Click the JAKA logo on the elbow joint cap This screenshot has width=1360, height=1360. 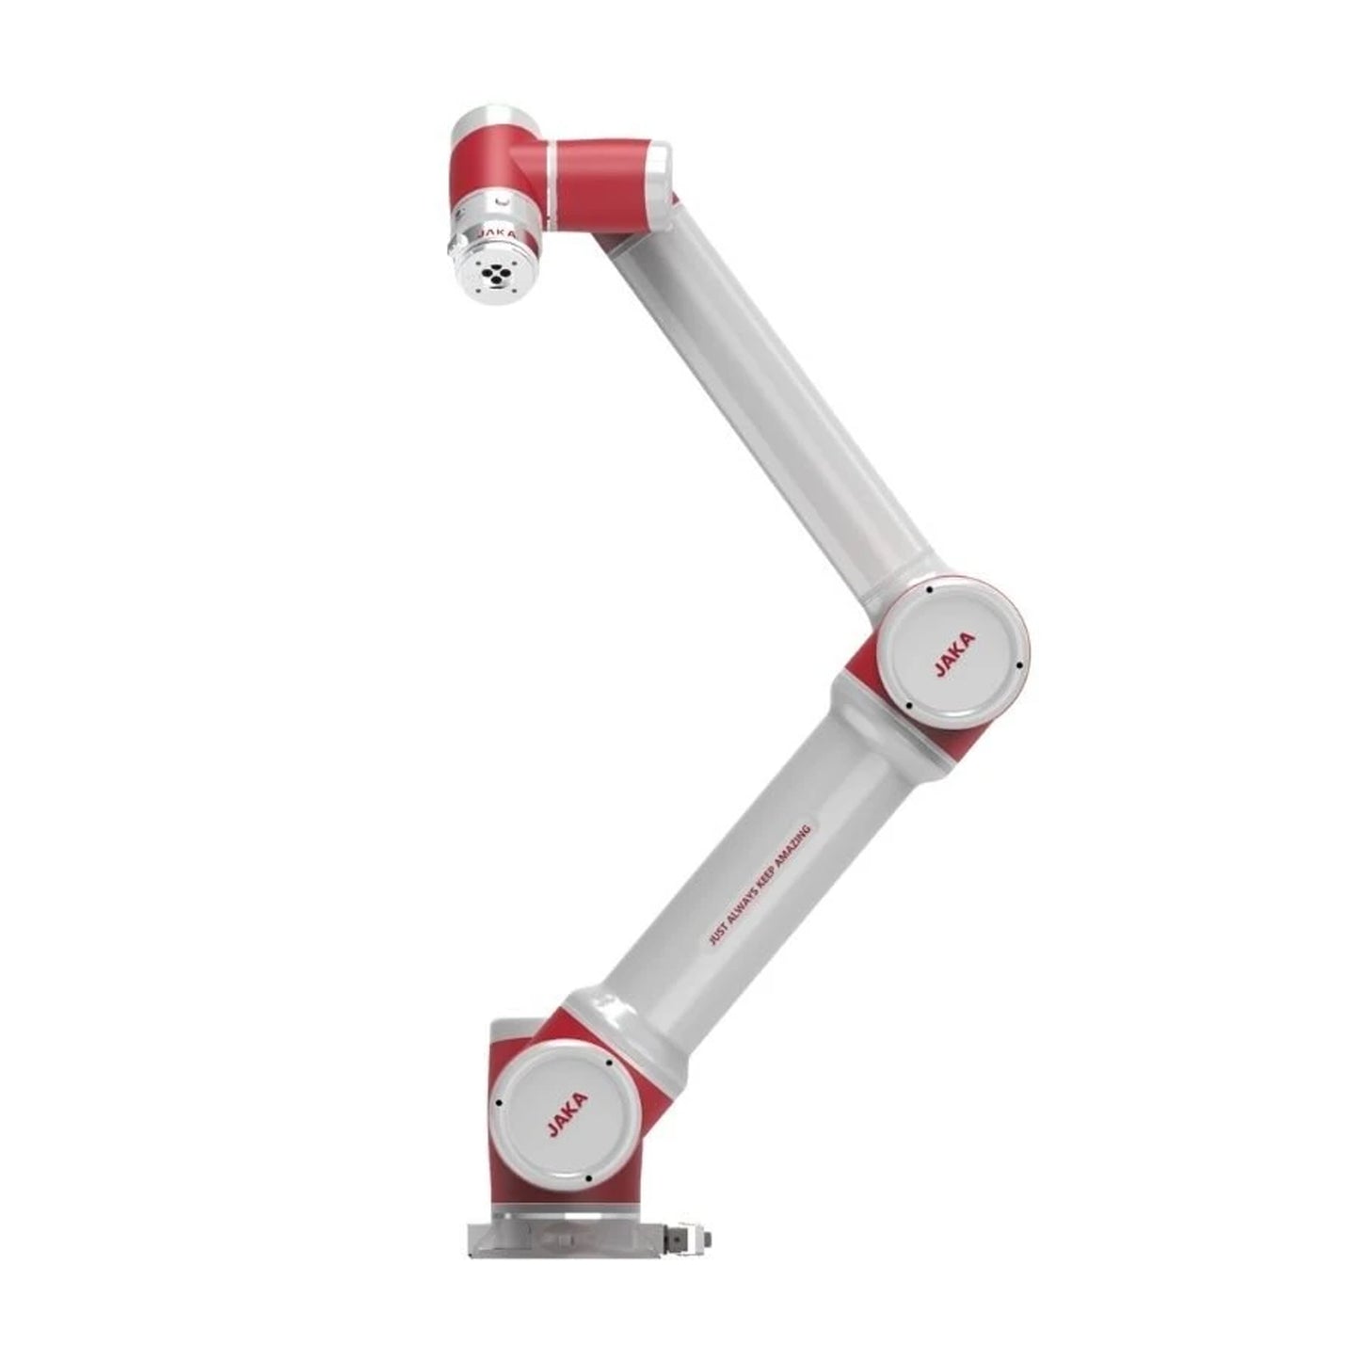(955, 654)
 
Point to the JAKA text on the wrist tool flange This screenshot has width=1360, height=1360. (496, 232)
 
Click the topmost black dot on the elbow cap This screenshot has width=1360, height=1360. (930, 589)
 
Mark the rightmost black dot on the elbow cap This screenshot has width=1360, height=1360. (1019, 665)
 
